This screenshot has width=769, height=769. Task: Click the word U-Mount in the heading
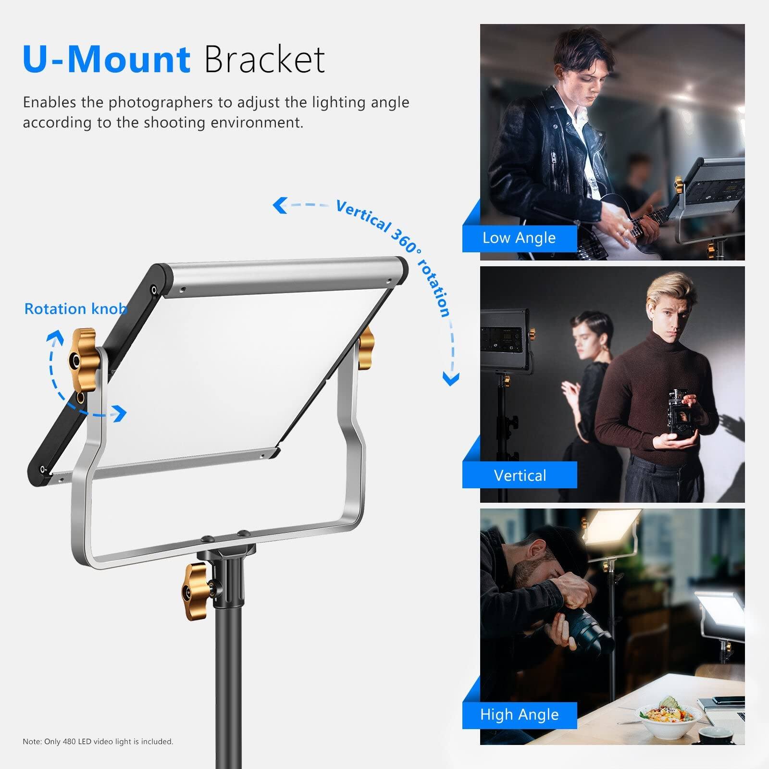(x=107, y=60)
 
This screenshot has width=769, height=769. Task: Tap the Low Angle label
(x=519, y=238)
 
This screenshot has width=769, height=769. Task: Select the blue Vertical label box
(x=520, y=475)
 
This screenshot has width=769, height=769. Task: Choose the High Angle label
(x=519, y=715)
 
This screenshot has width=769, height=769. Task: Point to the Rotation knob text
(x=75, y=309)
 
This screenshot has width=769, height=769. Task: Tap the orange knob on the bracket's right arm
(x=366, y=342)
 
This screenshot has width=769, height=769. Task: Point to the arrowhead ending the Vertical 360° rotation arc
(x=450, y=380)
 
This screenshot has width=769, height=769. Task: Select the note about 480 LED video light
(x=98, y=742)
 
